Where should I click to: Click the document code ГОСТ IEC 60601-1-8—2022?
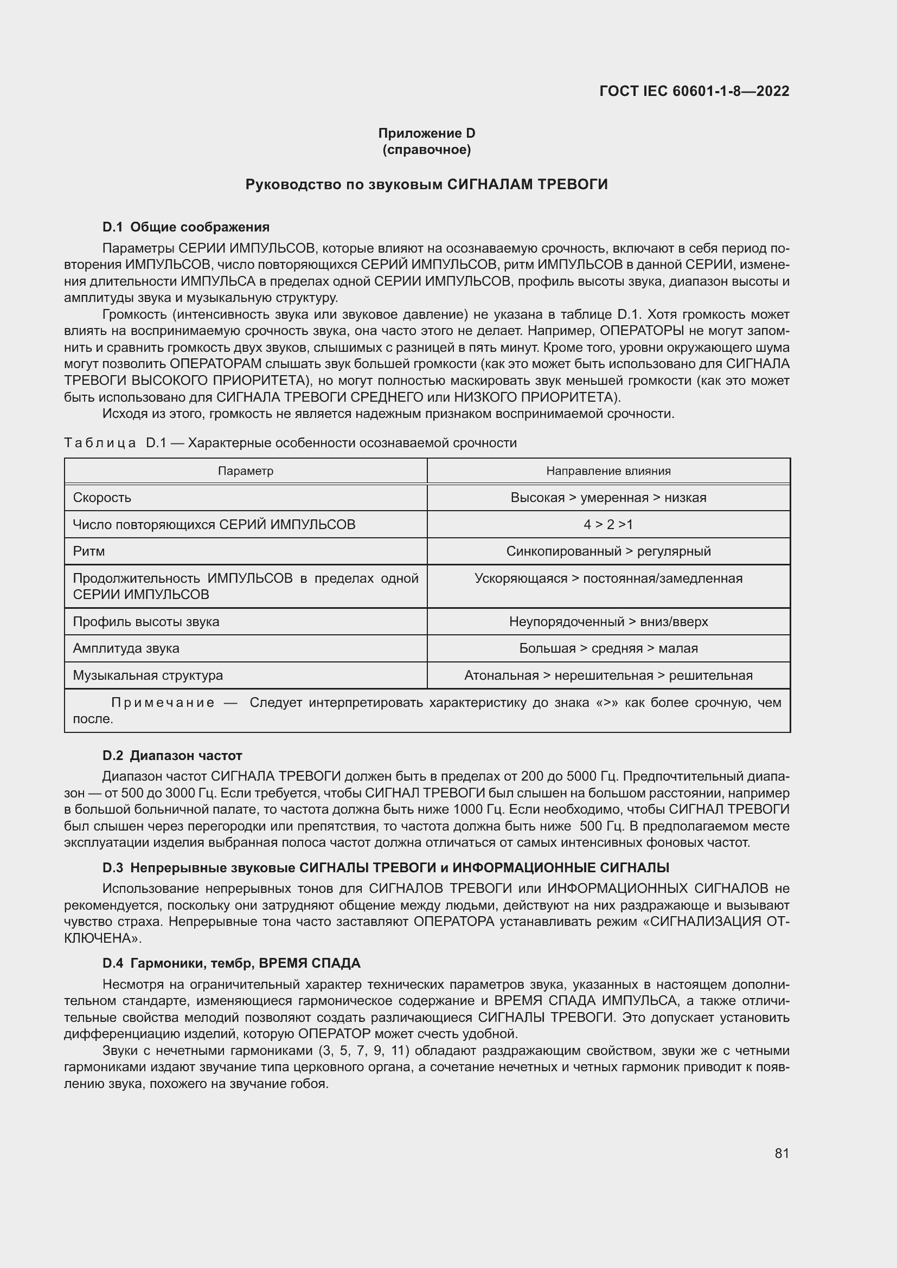(694, 91)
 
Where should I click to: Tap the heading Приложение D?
(426, 133)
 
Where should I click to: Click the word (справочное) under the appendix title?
(426, 150)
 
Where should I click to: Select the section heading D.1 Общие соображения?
(185, 227)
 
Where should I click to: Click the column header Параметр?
(245, 471)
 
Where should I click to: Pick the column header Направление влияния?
(608, 471)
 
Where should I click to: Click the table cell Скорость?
(102, 498)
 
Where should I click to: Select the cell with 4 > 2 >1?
(608, 524)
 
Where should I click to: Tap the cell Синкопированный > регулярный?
(608, 551)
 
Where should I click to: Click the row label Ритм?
(89, 551)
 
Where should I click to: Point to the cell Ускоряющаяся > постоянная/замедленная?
(608, 578)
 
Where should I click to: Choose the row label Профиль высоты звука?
(146, 622)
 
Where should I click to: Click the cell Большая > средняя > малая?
(608, 648)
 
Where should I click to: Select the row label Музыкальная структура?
(148, 675)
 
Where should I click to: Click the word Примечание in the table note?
(163, 703)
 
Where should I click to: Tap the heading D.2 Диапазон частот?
(172, 756)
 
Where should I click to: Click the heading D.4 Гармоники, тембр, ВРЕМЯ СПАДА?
(231, 964)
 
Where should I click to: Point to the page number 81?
(781, 1154)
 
